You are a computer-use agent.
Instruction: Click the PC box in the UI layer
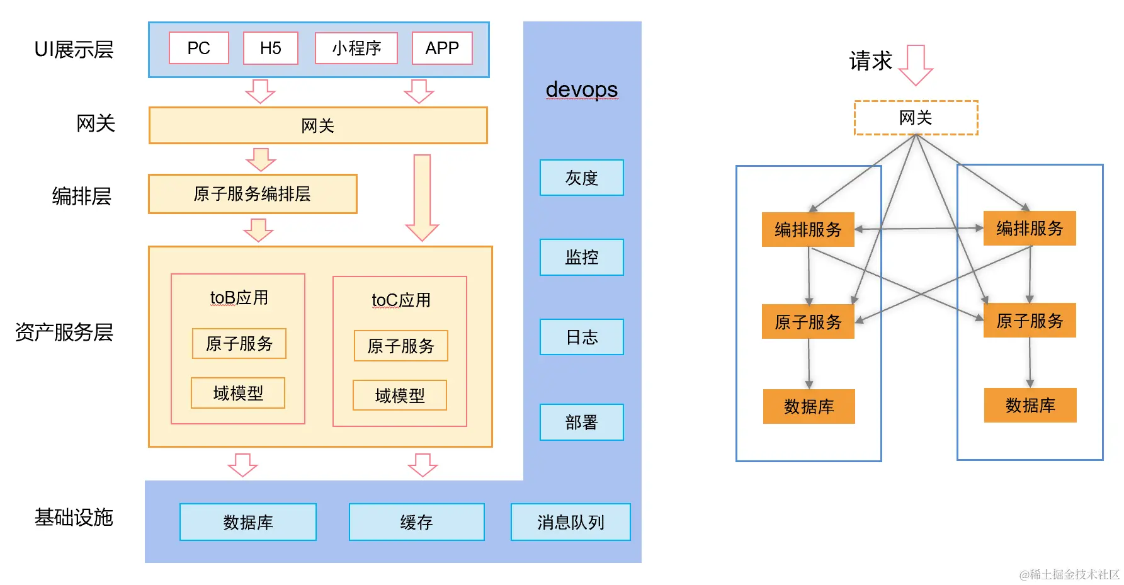199,48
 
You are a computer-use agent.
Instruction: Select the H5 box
271,48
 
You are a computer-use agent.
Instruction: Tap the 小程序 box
356,48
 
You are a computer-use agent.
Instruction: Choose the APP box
442,48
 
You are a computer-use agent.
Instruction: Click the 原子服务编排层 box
253,194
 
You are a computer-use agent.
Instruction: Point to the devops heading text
582,89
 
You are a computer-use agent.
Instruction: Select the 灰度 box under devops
582,178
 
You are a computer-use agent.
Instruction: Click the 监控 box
582,257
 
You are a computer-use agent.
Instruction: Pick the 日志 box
582,337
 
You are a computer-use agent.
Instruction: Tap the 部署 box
582,422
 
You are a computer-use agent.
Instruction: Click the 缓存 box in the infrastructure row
417,522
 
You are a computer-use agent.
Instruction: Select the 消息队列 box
571,522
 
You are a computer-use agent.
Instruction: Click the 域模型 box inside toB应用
238,393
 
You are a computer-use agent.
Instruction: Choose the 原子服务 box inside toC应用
400,346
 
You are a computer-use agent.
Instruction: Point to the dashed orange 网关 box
916,118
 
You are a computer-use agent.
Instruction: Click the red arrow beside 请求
916,65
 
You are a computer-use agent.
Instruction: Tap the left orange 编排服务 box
808,229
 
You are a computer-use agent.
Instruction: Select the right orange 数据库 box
1030,405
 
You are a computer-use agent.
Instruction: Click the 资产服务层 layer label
64,332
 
